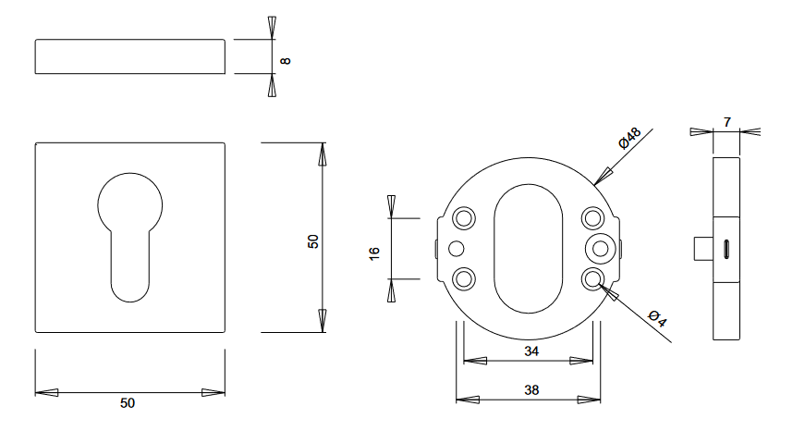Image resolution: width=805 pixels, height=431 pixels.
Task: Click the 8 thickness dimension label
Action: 286,61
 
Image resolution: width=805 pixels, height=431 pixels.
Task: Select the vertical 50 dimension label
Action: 313,241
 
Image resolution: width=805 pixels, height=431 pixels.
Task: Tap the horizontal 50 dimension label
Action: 128,403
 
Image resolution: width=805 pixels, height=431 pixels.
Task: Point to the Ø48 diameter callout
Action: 630,138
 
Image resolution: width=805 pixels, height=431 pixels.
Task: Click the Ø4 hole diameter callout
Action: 657,318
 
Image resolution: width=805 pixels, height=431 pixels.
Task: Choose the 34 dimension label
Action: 531,351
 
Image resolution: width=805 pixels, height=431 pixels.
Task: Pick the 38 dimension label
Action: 531,390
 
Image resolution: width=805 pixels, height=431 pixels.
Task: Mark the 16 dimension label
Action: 374,253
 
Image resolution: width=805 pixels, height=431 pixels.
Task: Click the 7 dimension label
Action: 727,122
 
